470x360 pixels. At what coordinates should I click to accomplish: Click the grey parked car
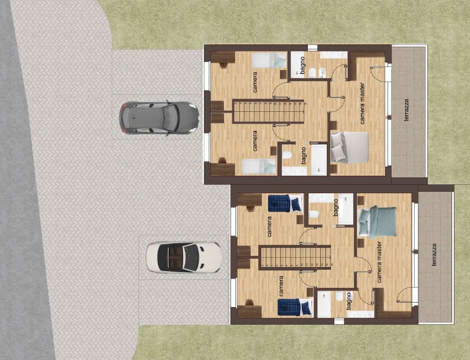coord(159,118)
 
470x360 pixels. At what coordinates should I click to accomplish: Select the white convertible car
coord(184,257)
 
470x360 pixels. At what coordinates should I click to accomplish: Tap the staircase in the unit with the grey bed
coord(268,111)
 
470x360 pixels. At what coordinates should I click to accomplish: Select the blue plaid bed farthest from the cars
coord(294,307)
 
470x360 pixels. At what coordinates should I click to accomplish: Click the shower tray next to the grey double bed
coord(318,159)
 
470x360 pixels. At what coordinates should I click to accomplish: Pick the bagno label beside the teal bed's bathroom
coord(336,207)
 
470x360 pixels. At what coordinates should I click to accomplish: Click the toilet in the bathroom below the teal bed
coord(340,298)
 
